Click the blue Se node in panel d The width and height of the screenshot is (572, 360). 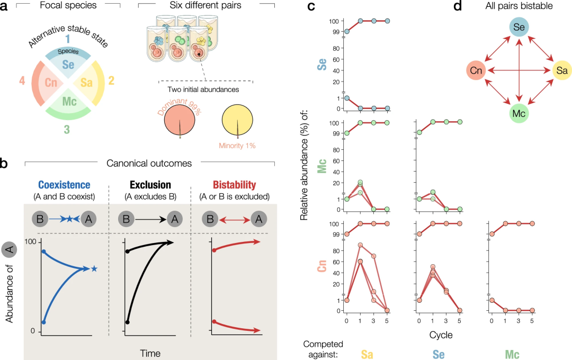pos(519,27)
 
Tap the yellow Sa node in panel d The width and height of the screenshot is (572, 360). pos(562,70)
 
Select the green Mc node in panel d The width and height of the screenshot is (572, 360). pos(519,113)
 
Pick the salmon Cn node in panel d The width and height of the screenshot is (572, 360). pos(476,70)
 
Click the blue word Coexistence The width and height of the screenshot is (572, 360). pos(64,185)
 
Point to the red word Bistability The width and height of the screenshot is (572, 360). pos(235,185)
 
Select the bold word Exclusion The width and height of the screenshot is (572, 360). pos(150,185)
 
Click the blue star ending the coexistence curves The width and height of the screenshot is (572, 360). pos(94,269)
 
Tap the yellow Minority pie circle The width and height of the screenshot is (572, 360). pos(237,120)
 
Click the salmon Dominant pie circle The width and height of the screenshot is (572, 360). pos(180,120)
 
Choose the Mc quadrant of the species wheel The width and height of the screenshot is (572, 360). pos(69,103)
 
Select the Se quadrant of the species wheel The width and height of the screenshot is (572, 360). pos(68,61)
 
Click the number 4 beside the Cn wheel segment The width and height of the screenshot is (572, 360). pos(22,80)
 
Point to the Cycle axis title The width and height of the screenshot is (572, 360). pos(441,335)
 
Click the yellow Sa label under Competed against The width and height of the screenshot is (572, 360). pos(367,354)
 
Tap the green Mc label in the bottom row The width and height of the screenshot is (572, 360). pos(512,354)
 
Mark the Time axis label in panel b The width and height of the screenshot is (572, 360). pos(150,353)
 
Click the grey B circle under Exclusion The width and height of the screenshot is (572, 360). pos(126,219)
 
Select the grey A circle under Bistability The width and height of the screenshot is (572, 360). pos(259,219)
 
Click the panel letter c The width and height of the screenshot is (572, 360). pos(311,6)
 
